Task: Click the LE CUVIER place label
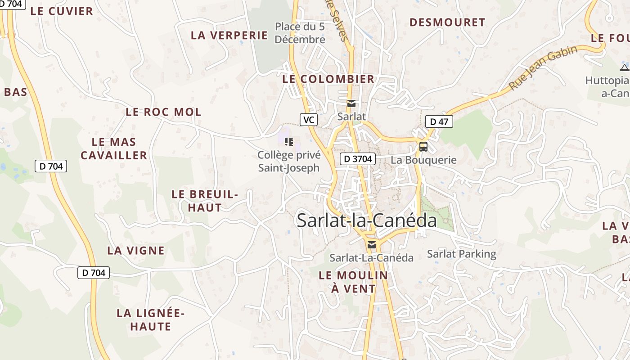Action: point(62,11)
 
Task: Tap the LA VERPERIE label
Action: point(229,35)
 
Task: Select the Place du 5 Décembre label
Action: point(300,33)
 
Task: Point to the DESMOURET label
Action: point(447,22)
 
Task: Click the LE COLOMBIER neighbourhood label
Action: point(328,79)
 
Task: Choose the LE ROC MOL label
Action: point(163,112)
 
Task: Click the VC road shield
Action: point(308,119)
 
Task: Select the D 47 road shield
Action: point(439,121)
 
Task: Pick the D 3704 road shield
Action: point(357,158)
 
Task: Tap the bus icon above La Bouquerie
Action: point(423,146)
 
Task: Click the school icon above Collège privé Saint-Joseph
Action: point(289,142)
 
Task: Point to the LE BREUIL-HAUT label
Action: point(205,201)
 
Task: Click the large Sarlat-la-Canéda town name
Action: point(366,220)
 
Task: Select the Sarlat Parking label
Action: point(461,254)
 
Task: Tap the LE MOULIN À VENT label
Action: point(353,282)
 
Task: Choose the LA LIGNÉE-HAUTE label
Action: point(150,319)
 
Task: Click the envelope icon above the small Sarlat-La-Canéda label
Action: point(371,245)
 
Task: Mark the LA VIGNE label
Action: point(136,250)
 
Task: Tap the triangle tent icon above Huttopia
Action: point(624,68)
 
